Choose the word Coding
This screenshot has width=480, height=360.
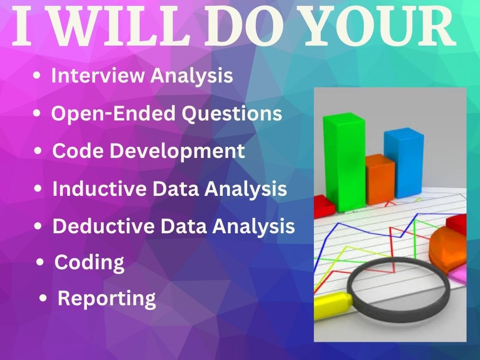(x=89, y=263)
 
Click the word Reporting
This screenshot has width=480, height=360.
(x=107, y=299)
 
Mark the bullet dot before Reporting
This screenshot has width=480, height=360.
(x=44, y=299)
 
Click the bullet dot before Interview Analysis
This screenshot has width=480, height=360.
(x=37, y=76)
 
